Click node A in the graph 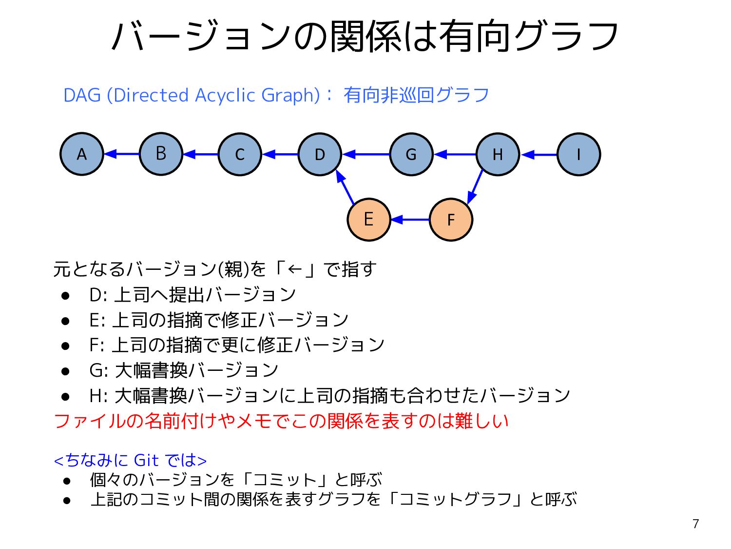point(82,154)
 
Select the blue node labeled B point(161,154)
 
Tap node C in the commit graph point(240,154)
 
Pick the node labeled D point(320,154)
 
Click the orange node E point(369,220)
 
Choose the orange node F point(451,220)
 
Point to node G point(411,154)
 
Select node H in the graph point(498,154)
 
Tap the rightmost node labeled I point(578,154)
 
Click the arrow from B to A point(122,154)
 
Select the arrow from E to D point(346,187)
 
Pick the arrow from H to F point(475,186)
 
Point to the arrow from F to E point(410,220)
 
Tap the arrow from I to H point(539,155)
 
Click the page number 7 point(695,524)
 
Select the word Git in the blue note point(146,460)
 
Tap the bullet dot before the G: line point(66,371)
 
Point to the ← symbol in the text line point(295,269)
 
